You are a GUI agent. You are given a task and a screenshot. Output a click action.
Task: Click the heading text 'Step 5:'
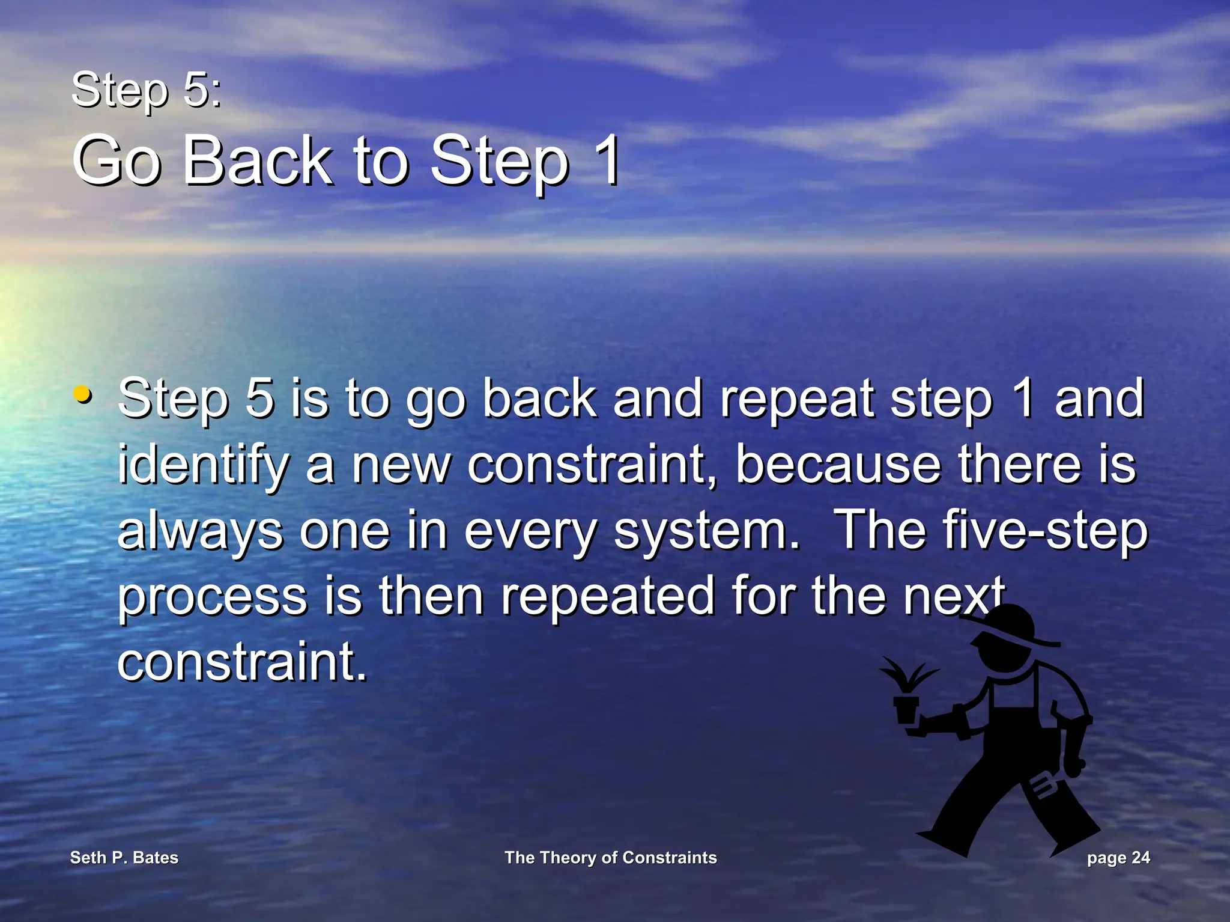[x=146, y=90]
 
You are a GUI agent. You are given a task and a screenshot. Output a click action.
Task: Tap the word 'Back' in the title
[x=257, y=160]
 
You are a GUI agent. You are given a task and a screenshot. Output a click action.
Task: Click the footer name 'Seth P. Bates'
[x=124, y=858]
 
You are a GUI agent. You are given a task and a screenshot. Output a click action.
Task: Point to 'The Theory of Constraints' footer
[x=610, y=858]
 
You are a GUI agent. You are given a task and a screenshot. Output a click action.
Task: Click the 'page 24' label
[x=1118, y=858]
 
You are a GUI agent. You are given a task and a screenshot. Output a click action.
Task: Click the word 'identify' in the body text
[x=203, y=466]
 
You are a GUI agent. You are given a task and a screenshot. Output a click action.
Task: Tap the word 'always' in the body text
[x=199, y=532]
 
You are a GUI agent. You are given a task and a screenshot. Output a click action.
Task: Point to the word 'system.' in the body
[x=706, y=532]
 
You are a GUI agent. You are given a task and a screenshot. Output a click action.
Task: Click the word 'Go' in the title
[x=117, y=160]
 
